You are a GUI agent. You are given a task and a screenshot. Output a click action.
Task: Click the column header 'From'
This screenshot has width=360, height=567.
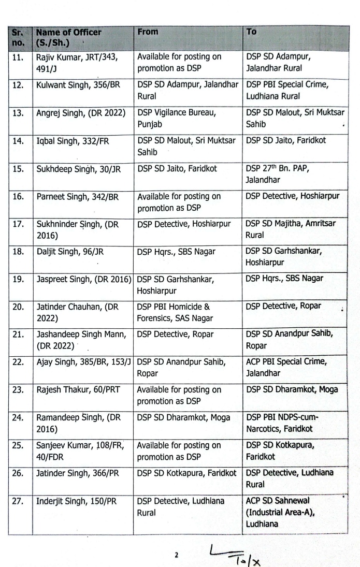pos(148,32)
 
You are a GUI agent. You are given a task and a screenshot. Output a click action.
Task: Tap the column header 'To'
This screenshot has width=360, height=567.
pos(251,32)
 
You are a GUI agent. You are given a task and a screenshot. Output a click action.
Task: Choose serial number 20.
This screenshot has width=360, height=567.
pos(18,306)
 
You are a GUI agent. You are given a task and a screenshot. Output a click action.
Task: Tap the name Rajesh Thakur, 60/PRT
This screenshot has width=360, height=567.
pos(76,389)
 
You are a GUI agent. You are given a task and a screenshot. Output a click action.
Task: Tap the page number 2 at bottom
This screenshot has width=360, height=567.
pos(176,555)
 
